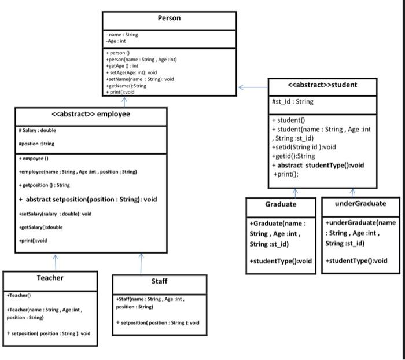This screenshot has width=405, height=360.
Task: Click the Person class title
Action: [x=169, y=18]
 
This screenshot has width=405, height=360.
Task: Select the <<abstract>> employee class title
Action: [x=91, y=114]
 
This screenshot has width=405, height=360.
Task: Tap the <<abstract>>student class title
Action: [x=322, y=85]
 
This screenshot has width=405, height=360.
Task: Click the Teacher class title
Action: [x=50, y=278]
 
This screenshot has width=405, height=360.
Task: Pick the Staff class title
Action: [x=159, y=281]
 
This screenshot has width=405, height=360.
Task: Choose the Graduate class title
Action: [x=281, y=204]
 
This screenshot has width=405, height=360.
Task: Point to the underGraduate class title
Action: [x=359, y=203]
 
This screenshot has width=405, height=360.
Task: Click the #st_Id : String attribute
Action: [x=293, y=101]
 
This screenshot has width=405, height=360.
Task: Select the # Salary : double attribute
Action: [x=38, y=131]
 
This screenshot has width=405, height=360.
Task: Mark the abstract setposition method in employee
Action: [x=88, y=199]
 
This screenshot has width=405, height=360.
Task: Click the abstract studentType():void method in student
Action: [x=318, y=165]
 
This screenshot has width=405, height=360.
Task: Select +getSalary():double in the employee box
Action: [x=41, y=227]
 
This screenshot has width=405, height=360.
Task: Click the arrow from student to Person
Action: [x=253, y=87]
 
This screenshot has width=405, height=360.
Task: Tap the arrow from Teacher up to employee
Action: [x=56, y=262]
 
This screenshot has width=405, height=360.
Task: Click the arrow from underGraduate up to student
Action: [x=352, y=193]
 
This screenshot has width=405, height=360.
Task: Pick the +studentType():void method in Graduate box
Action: [x=281, y=261]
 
